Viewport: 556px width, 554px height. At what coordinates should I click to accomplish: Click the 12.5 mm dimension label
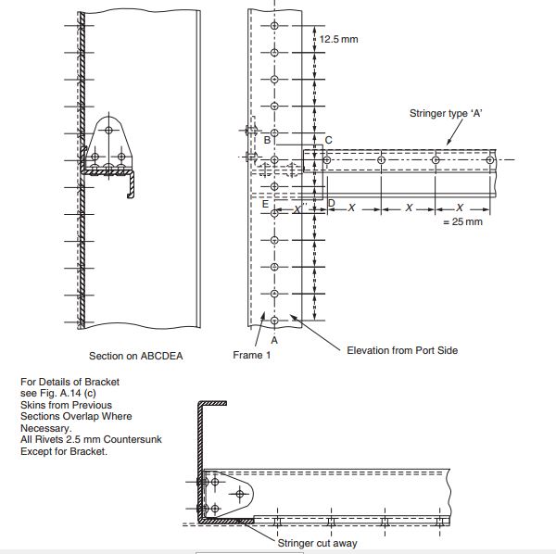[x=338, y=39]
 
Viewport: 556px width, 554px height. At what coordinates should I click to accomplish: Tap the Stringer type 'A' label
[x=446, y=113]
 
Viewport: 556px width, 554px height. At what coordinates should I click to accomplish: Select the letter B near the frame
[x=267, y=140]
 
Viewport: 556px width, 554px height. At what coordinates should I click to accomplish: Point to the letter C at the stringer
[x=329, y=140]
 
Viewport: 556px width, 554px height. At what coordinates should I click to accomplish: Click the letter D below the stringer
[x=332, y=203]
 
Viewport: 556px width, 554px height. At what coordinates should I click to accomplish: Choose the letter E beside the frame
[x=265, y=204]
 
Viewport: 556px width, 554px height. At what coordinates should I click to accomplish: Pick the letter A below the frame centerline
[x=274, y=340]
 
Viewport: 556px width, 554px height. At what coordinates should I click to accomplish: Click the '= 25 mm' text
[x=462, y=222]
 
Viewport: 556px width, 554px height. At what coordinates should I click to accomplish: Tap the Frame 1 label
[x=252, y=355]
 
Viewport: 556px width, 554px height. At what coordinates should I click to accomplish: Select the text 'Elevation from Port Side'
[x=402, y=350]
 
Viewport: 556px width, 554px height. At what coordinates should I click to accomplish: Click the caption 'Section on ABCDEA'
[x=136, y=356]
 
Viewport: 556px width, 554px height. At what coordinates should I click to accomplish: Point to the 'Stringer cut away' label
[x=317, y=543]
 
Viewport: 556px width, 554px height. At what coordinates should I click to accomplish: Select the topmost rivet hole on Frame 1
[x=274, y=26]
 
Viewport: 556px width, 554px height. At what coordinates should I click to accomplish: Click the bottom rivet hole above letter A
[x=274, y=321]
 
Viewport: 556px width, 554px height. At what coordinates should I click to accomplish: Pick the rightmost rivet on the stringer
[x=489, y=160]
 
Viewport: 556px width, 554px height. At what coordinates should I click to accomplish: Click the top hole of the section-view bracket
[x=108, y=130]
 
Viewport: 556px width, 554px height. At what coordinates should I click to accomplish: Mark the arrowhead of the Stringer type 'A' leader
[x=448, y=143]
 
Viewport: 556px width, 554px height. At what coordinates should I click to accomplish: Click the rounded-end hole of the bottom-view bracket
[x=240, y=494]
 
